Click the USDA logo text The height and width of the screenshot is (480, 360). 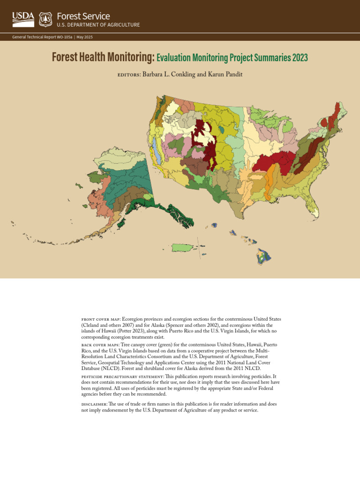[x=23, y=17]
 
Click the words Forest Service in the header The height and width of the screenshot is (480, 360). [x=83, y=16]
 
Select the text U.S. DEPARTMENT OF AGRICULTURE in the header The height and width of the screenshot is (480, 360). [x=98, y=25]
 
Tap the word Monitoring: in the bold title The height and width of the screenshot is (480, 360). [x=129, y=58]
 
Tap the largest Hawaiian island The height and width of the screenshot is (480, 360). [x=264, y=256]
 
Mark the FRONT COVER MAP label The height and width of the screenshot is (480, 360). [x=100, y=319]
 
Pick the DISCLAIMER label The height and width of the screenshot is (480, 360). [x=96, y=404]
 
